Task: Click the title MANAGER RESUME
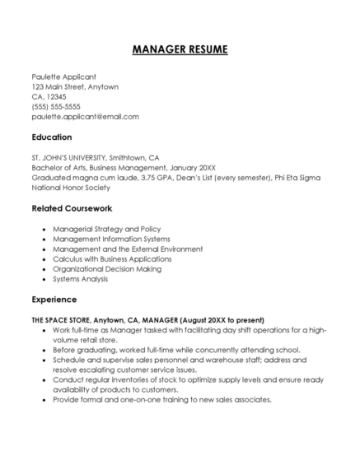[180, 49]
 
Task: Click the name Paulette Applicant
[63, 77]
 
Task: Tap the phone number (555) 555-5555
[56, 106]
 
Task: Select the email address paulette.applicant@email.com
[85, 116]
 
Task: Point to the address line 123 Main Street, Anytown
[75, 86]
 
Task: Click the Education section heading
[52, 137]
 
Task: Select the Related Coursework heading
[72, 208]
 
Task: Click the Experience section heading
[54, 299]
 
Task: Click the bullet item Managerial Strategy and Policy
[106, 228]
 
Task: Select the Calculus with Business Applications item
[113, 258]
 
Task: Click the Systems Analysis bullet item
[81, 278]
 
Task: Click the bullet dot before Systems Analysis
[43, 279]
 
